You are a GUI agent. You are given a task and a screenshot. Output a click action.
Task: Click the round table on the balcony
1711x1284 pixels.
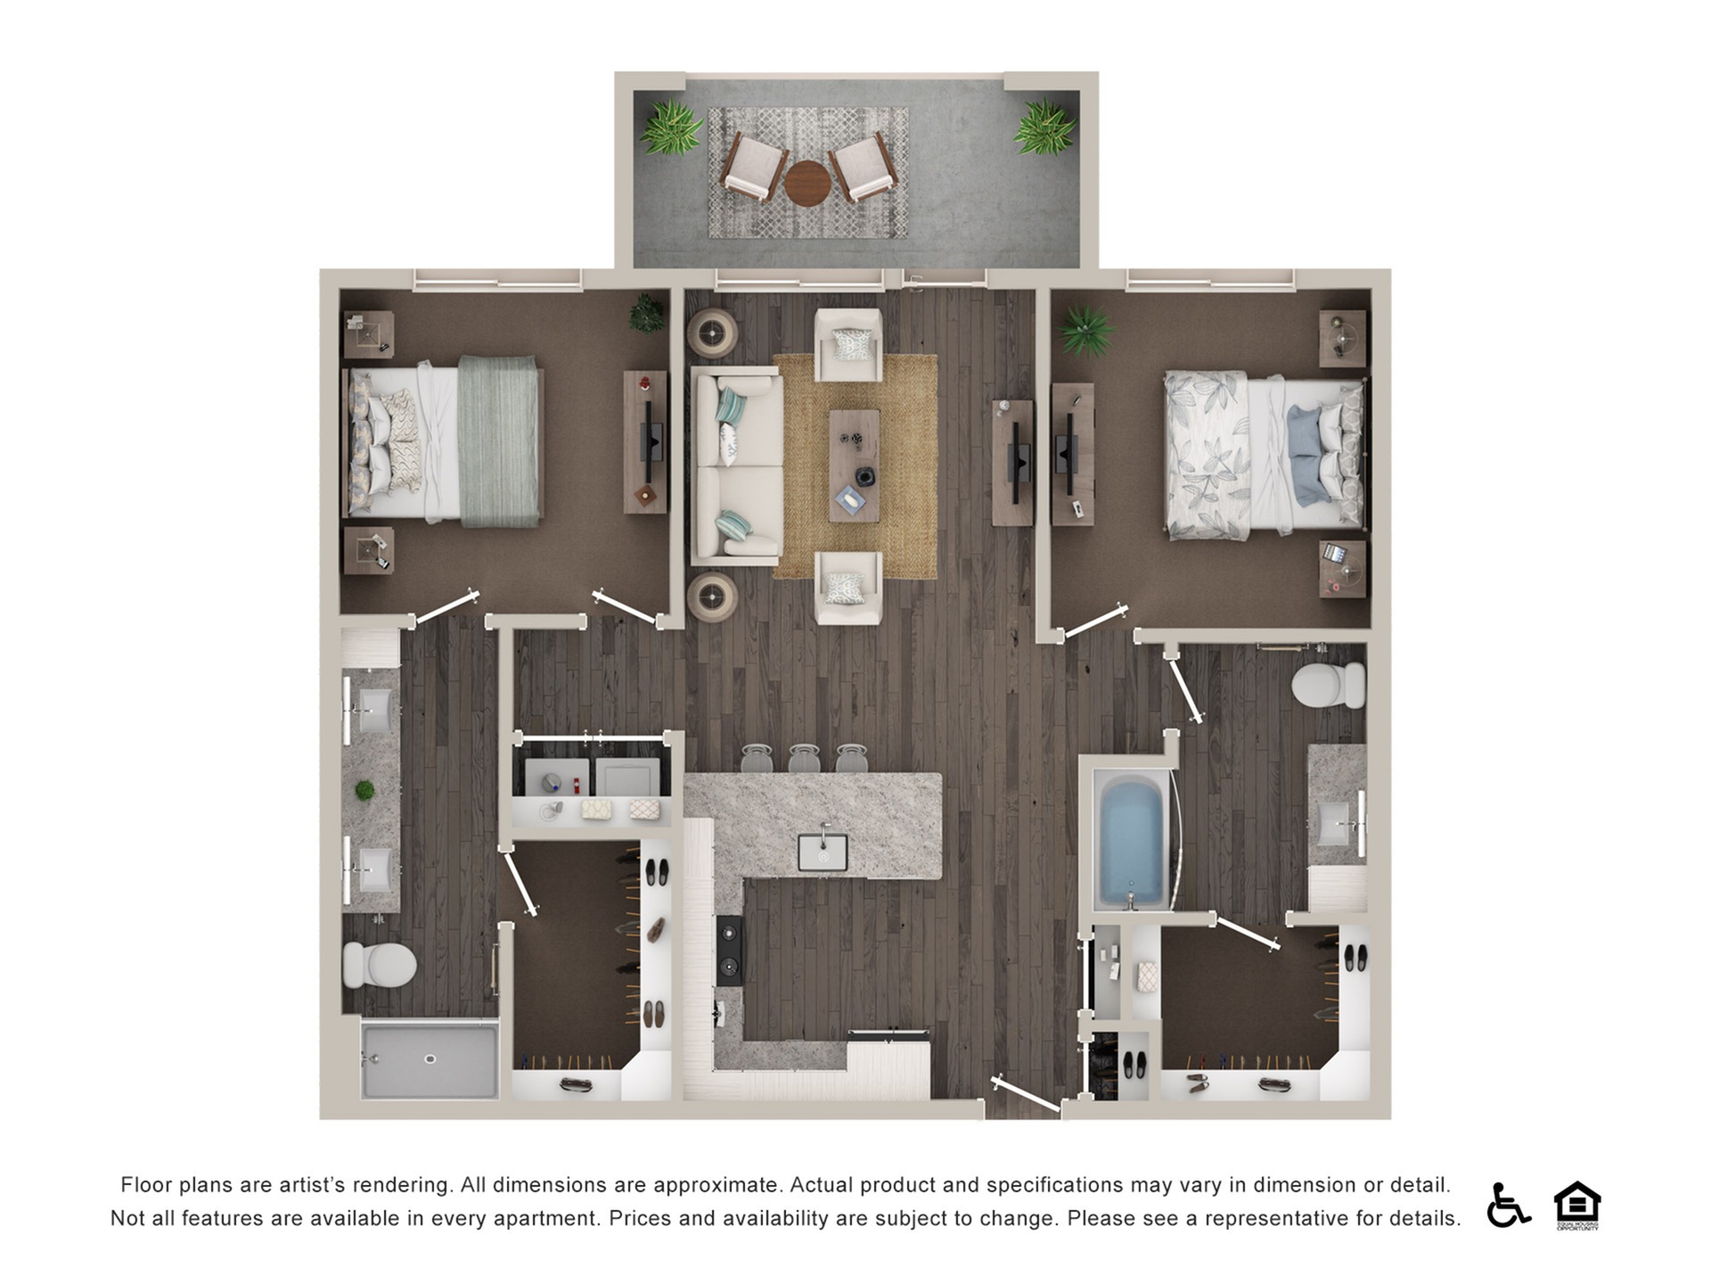pos(806,183)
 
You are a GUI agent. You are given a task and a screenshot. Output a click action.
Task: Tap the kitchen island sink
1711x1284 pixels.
pos(822,852)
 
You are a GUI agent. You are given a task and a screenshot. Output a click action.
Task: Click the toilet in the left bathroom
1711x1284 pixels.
pos(381,965)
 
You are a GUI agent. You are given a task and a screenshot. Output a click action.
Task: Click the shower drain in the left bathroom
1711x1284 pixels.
pos(430,1059)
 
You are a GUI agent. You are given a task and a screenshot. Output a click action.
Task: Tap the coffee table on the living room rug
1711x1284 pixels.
pos(854,465)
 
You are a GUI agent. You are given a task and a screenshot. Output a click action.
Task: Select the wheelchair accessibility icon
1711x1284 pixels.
pos(1507,1205)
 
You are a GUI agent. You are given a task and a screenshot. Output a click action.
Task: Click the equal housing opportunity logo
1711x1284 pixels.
pos(1576,1205)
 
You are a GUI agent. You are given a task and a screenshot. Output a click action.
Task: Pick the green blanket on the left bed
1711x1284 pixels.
pos(498,441)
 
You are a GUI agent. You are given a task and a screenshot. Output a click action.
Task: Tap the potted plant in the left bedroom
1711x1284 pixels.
pos(646,313)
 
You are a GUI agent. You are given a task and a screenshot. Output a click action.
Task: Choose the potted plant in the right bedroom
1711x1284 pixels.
pos(1086,331)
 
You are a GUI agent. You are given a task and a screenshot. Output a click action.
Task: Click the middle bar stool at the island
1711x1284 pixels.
pos(803,759)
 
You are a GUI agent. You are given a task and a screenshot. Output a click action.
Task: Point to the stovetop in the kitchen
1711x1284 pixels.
pos(729,950)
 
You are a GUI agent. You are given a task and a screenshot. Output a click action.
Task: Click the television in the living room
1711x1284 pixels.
pos(1016,462)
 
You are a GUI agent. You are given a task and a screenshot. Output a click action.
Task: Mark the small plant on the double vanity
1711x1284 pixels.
pos(364,790)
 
